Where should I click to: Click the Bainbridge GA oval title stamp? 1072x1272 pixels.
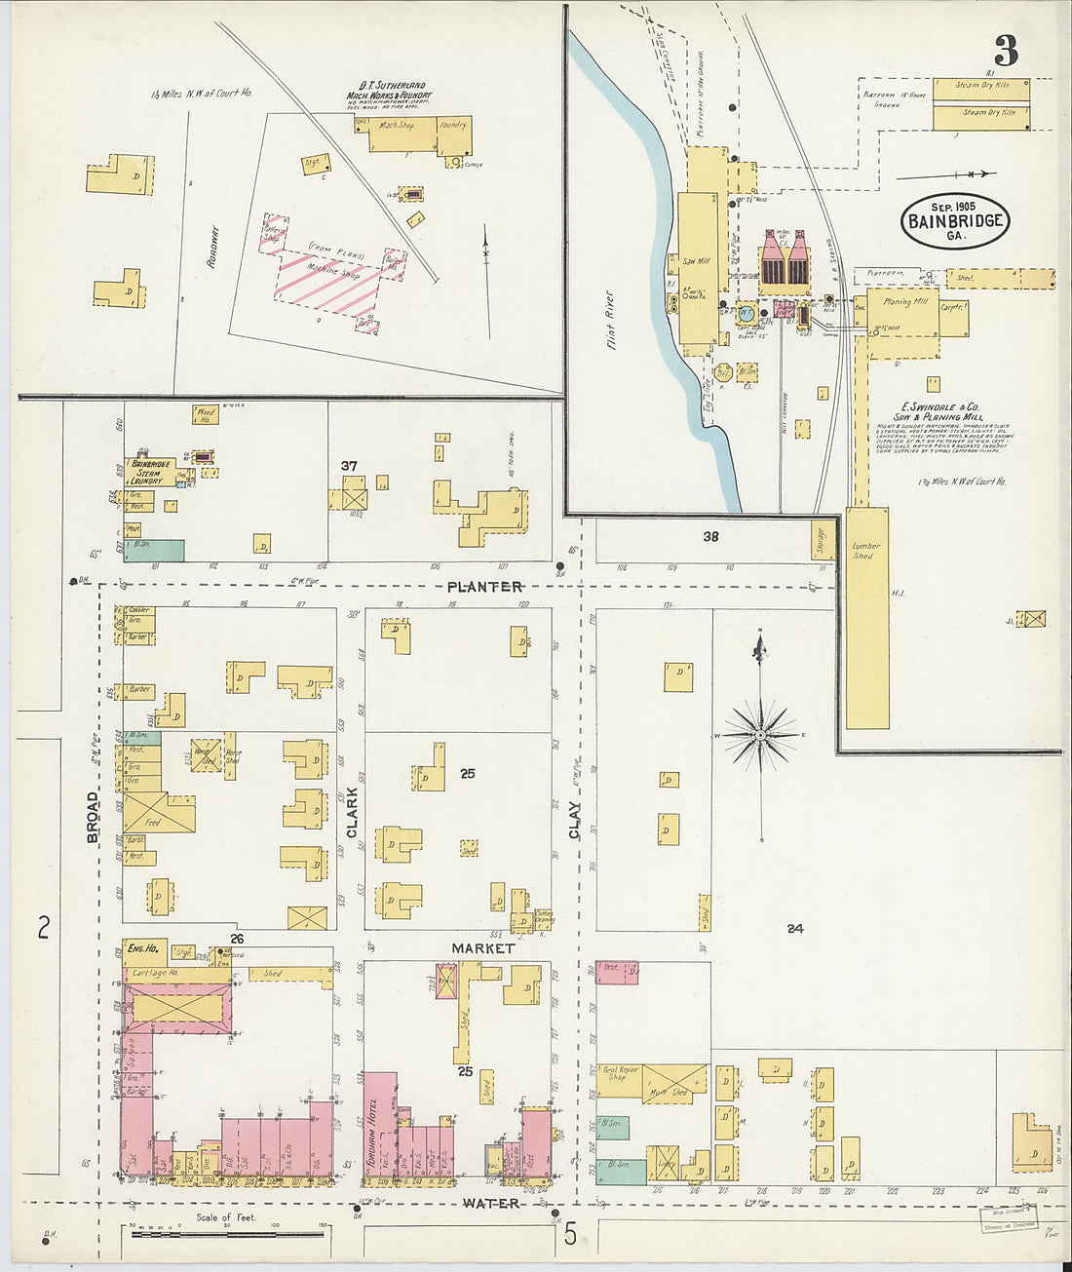[954, 220]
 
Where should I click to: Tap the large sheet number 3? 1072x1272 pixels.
[1006, 50]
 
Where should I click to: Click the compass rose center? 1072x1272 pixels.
[760, 734]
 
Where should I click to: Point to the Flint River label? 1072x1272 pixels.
[611, 320]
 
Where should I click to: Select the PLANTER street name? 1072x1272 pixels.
[485, 587]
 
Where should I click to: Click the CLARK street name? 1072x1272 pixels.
[352, 813]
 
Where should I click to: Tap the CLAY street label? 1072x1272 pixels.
[575, 820]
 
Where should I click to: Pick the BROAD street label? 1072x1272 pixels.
[93, 817]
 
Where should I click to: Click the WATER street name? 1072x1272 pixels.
[490, 1204]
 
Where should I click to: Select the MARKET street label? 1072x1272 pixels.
[482, 947]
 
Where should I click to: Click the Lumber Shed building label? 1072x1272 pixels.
[865, 551]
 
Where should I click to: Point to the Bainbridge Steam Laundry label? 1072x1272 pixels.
[151, 472]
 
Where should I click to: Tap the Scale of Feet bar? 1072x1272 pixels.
[226, 1233]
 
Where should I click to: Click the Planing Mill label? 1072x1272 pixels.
[898, 303]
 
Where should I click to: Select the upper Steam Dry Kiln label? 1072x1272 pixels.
[981, 86]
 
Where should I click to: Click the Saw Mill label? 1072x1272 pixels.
[695, 260]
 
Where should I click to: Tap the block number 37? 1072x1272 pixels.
[349, 466]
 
